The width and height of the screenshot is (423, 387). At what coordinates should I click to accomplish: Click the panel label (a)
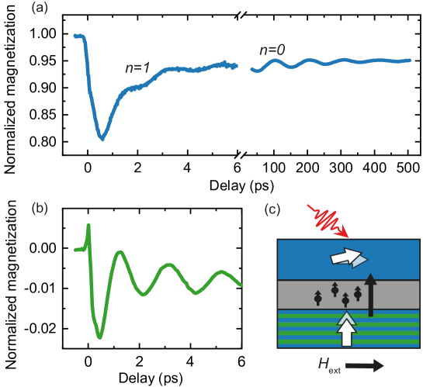tap(39, 9)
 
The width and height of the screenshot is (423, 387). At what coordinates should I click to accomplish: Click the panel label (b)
tap(39, 208)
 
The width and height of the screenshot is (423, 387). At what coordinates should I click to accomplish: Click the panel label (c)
tap(272, 209)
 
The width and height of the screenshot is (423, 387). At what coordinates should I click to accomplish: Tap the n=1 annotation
tap(137, 68)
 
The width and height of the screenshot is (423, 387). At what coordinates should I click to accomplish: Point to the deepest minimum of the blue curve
tap(101, 139)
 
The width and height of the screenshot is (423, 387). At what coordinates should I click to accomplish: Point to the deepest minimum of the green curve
tap(99, 338)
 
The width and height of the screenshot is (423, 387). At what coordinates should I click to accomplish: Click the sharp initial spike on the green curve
tap(90, 226)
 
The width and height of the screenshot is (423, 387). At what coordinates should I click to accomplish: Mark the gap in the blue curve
tap(244, 67)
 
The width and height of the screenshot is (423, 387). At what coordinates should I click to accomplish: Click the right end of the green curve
tap(241, 285)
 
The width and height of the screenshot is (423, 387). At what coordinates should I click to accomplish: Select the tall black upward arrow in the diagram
tap(371, 295)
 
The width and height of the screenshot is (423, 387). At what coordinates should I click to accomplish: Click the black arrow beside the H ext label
tap(364, 365)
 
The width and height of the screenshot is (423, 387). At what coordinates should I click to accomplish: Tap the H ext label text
tap(329, 365)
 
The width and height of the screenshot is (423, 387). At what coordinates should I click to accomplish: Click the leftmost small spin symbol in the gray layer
tap(317, 297)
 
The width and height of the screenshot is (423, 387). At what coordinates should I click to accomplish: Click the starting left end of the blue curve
tap(75, 36)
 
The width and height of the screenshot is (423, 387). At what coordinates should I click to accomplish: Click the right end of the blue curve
tap(410, 60)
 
